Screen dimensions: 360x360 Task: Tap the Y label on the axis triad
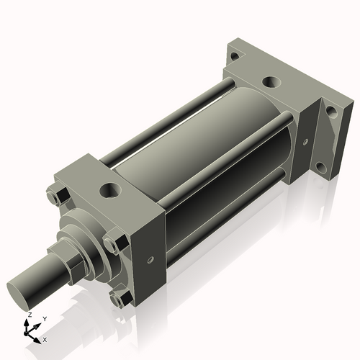pos(44,318)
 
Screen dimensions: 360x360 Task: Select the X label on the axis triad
pos(45,338)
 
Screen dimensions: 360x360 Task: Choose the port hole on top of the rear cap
pos(271,83)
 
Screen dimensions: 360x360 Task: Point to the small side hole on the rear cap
pos(306,142)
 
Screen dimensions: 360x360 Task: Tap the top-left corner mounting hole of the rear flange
pos(235,55)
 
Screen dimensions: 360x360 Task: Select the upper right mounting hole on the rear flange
pos(330,112)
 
